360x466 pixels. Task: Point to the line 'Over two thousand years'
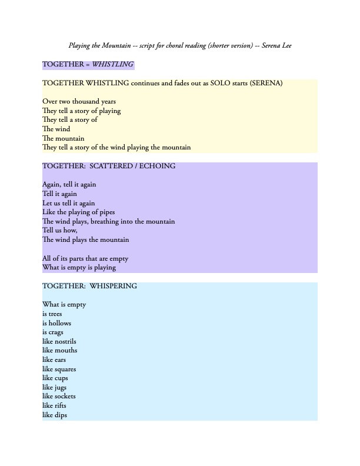[79, 101]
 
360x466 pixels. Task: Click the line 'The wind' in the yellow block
[56, 129]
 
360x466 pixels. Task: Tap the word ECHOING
[157, 166]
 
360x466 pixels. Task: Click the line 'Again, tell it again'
[69, 184]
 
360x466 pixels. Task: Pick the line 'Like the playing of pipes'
[78, 212]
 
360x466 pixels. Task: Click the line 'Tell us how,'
[59, 230]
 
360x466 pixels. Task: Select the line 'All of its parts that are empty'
[85, 258]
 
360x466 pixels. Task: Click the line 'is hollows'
[56, 322]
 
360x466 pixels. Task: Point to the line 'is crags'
[53, 332]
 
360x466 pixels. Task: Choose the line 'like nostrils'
[59, 341]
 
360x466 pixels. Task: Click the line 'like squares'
[59, 369]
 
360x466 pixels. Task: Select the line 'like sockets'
[59, 396]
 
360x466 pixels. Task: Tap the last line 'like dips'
[54, 415]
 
